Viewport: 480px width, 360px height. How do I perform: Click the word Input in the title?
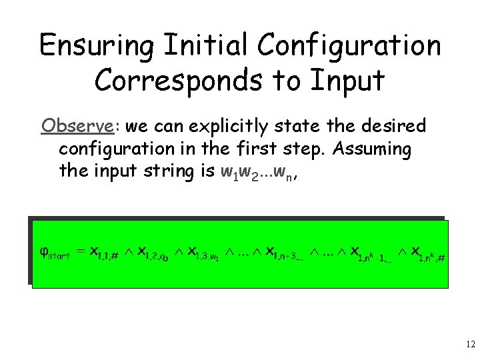347,81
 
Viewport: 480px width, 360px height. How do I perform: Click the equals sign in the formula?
80,251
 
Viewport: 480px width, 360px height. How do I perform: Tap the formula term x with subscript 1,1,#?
103,253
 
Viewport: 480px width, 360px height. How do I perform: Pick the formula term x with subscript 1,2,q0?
150,253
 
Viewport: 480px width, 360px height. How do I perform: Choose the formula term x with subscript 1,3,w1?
200,253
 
